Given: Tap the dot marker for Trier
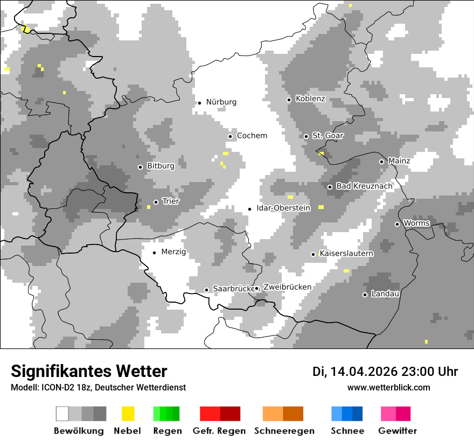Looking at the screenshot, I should coord(156,202).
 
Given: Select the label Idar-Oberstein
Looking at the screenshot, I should coord(283,208).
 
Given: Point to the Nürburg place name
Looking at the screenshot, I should coord(221,102).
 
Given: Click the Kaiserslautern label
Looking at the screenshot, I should coord(346,253).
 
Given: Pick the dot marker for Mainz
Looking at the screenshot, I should coord(381,162).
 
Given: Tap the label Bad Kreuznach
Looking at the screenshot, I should coord(364,186).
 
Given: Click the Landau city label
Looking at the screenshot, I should coord(385,294).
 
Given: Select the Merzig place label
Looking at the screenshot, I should coord(173,252).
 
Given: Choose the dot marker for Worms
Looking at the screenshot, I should coord(397,224).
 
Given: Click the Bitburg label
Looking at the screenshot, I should coord(161,166).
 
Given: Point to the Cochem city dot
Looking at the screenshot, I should coord(230,136).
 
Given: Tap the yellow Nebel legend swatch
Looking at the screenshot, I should coord(128,414).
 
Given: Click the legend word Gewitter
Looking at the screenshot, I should coord(398,431).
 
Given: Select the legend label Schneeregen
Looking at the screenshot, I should coord(284,431).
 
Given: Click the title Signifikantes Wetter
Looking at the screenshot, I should coord(89,371).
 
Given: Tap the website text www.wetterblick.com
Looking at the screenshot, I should coord(388,387).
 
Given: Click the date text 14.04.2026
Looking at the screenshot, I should coord(364,372).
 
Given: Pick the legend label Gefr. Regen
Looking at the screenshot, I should coord(219,431).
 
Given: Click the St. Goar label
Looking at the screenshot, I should coord(328,136).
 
